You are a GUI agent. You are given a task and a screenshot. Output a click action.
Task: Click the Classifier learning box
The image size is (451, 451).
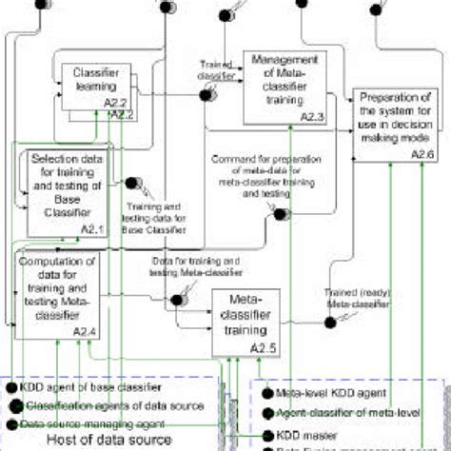click(x=95, y=85)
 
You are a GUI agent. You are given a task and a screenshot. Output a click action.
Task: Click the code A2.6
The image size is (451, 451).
click(x=425, y=152)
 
